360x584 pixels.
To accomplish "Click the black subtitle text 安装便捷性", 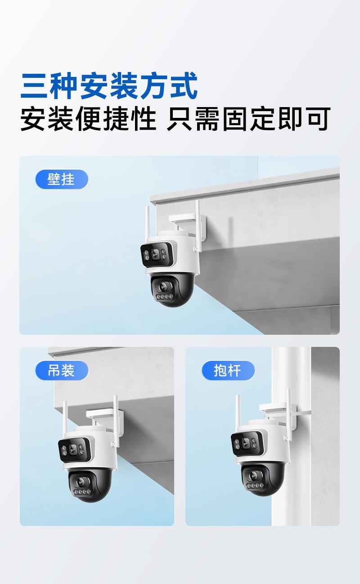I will (x=88, y=119).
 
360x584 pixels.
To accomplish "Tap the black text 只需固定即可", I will (x=248, y=119).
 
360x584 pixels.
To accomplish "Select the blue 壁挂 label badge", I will (x=62, y=180).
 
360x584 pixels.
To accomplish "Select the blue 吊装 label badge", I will (x=62, y=371).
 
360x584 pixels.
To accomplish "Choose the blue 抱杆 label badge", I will (x=228, y=371).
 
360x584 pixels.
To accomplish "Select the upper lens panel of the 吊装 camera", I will (x=75, y=448).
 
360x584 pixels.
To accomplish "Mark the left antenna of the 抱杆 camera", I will (x=238, y=412).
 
